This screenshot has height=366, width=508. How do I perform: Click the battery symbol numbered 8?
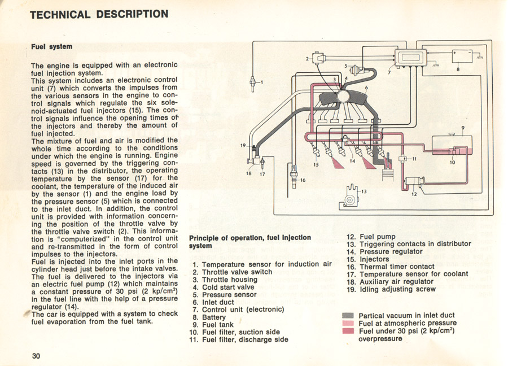(x=465, y=56)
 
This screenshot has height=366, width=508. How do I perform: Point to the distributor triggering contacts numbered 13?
(x=351, y=196)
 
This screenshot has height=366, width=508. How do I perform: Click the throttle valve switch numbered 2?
(x=317, y=58)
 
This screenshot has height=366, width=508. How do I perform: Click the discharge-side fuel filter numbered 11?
(x=402, y=158)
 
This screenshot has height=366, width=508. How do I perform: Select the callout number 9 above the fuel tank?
(x=463, y=128)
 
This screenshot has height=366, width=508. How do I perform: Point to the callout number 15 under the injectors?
(x=316, y=165)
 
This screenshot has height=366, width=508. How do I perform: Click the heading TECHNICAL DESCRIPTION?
(x=99, y=14)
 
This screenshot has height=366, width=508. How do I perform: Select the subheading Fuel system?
(x=51, y=46)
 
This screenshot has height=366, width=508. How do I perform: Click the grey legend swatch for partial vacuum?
(x=348, y=315)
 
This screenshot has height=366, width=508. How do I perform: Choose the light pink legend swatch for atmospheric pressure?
(x=348, y=323)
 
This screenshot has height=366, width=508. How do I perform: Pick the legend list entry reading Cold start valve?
(x=224, y=287)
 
